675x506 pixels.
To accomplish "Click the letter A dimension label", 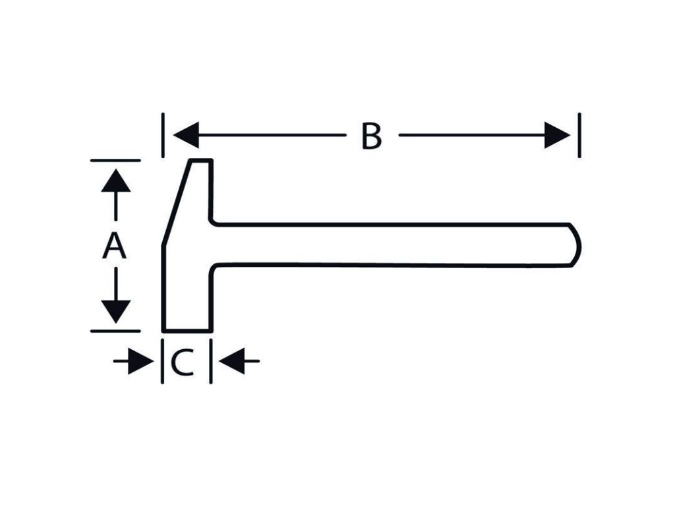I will pyautogui.click(x=114, y=246).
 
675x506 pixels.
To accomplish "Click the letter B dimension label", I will pyautogui.click(x=372, y=136).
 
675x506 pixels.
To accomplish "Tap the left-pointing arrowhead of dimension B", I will pyautogui.click(x=185, y=136).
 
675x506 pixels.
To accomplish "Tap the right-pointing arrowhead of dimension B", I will pyautogui.click(x=557, y=136).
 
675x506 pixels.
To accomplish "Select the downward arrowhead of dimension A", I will pyautogui.click(x=116, y=311).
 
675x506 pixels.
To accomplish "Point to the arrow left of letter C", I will pyautogui.click(x=134, y=361).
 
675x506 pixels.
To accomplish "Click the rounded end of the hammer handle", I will pyautogui.click(x=575, y=244).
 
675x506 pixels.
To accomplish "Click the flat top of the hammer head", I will pyautogui.click(x=202, y=160).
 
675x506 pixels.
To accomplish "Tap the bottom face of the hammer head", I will pyautogui.click(x=187, y=330).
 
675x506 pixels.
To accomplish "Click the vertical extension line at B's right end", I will pyautogui.click(x=579, y=135).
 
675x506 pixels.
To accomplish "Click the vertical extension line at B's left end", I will pyautogui.click(x=163, y=135).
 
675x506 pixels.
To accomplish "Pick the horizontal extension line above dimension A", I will pyautogui.click(x=115, y=160).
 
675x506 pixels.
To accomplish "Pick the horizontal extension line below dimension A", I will pyautogui.click(x=115, y=330).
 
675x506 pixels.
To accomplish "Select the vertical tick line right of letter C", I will pyautogui.click(x=211, y=361).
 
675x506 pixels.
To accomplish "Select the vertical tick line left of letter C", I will pyautogui.click(x=162, y=361).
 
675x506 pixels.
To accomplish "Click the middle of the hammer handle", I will pyautogui.click(x=389, y=244).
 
